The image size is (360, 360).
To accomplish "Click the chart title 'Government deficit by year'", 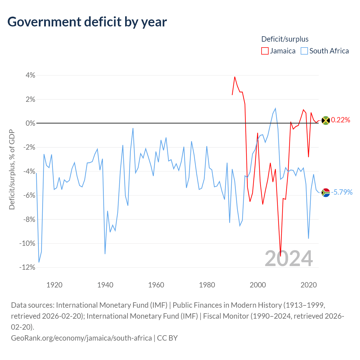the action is click(87, 22).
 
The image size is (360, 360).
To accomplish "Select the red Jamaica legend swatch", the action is click(265, 51).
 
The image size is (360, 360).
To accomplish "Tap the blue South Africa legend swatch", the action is click(304, 51).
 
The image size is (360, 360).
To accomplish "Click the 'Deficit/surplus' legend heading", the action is click(285, 39).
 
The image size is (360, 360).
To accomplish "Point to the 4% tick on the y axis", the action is click(30, 75).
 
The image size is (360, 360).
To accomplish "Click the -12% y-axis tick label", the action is click(27, 267).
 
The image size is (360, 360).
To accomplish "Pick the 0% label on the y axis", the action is click(30, 123).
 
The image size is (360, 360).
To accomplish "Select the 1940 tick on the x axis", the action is click(105, 285).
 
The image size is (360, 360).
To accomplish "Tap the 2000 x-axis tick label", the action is click(258, 285).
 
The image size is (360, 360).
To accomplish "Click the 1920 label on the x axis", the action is click(54, 285).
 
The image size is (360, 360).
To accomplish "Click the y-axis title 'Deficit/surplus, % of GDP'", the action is click(12, 169).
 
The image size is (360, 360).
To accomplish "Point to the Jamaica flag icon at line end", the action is click(326, 120).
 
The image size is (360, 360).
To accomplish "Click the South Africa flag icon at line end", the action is click(326, 193).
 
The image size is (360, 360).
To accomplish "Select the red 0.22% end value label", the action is click(340, 120).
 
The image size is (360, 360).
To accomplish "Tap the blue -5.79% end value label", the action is click(342, 192).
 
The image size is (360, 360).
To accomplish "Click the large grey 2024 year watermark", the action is click(289, 258).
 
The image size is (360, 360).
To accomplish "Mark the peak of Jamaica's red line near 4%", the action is click(235, 77).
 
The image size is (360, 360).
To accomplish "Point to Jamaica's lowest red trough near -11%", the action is click(280, 256).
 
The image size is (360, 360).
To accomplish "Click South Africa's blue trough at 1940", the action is click(105, 254).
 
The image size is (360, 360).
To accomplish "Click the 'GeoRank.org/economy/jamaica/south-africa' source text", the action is click(81, 338).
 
